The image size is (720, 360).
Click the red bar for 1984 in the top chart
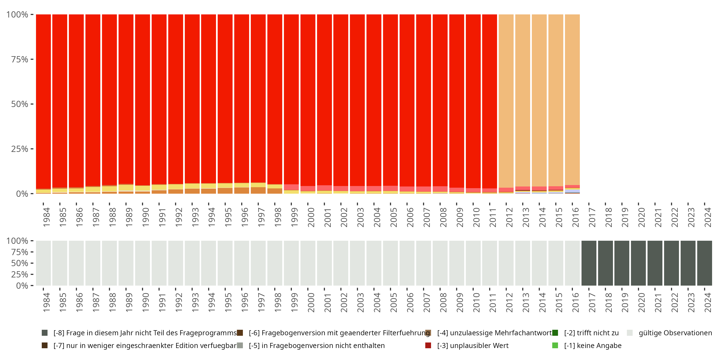pos(43,101)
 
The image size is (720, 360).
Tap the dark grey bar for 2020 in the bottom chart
pos(638,263)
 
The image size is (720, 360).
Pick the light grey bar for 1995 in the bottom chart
pos(225,263)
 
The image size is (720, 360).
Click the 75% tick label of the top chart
pos(20,59)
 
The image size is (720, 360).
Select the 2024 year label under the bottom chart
pos(708,302)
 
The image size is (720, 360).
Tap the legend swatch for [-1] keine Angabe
pos(555,345)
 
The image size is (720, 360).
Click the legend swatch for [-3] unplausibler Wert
pos(428,345)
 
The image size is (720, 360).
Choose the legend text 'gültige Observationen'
pos(675,333)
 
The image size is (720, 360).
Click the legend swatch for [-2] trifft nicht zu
pos(555,333)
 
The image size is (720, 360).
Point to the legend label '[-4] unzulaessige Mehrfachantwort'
pos(494,333)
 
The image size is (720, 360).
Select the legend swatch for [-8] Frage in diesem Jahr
pos(44,333)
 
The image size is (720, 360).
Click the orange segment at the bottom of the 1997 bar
pos(258,190)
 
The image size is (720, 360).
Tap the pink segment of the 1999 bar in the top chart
pos(291,187)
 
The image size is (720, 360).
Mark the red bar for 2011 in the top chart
pos(489,101)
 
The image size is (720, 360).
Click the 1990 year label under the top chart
pos(145,217)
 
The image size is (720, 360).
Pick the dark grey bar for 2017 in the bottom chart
pos(589,263)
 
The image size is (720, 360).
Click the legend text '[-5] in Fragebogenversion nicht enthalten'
pos(317,345)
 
